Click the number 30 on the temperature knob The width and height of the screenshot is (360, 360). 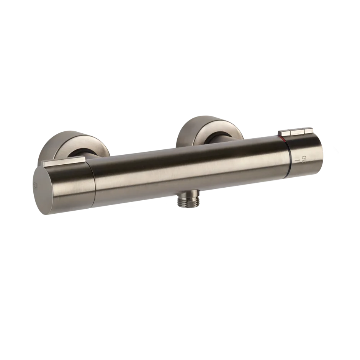304,159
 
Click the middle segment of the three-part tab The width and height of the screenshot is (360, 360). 297,132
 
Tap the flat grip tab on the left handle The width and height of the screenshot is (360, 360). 63,162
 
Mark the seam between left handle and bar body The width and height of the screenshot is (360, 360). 92,180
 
